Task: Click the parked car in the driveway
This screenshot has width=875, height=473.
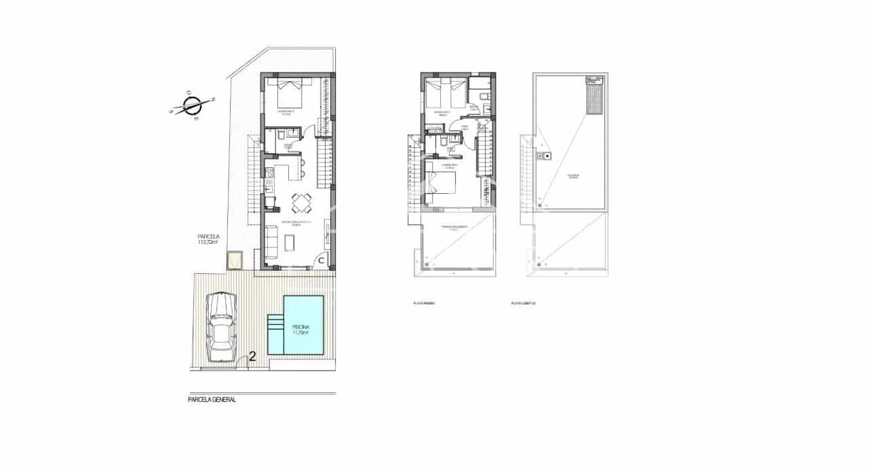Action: pyautogui.click(x=222, y=326)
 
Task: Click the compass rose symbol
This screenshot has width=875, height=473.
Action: pyautogui.click(x=192, y=106)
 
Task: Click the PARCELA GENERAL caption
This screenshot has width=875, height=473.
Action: pyautogui.click(x=212, y=400)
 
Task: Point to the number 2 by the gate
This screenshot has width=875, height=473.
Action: pyautogui.click(x=252, y=356)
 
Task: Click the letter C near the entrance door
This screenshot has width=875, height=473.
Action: pyautogui.click(x=321, y=260)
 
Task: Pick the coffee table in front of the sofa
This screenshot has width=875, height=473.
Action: pyautogui.click(x=292, y=241)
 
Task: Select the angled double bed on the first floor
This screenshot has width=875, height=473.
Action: pyautogui.click(x=440, y=184)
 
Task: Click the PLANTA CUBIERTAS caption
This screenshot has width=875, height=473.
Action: pyautogui.click(x=524, y=304)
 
